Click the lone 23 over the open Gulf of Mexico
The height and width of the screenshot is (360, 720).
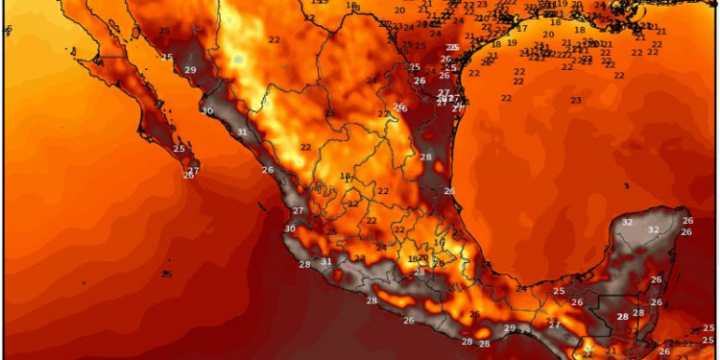coord(576,100)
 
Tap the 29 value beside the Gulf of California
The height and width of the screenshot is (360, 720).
coord(190,70)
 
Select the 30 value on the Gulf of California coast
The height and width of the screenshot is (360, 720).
coord(206,111)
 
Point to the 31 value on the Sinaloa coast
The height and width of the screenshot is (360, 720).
coord(242,132)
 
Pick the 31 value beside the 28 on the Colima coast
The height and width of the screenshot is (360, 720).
coord(326,261)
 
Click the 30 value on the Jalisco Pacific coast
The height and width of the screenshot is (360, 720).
coord(290,228)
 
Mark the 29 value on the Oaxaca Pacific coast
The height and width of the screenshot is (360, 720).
coord(510,328)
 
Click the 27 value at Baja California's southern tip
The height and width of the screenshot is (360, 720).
coord(194,171)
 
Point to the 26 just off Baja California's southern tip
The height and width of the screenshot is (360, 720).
coord(188,175)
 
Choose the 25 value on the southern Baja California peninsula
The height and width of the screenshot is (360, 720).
coord(179,149)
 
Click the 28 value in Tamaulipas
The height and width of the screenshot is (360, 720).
coord(426,156)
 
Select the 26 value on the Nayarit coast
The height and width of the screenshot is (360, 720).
coord(267,170)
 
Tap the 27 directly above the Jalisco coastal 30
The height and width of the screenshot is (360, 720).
coord(299,210)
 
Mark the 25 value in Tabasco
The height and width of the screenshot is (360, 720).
coord(559,291)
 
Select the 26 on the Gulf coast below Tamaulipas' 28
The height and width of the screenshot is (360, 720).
coord(448,191)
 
